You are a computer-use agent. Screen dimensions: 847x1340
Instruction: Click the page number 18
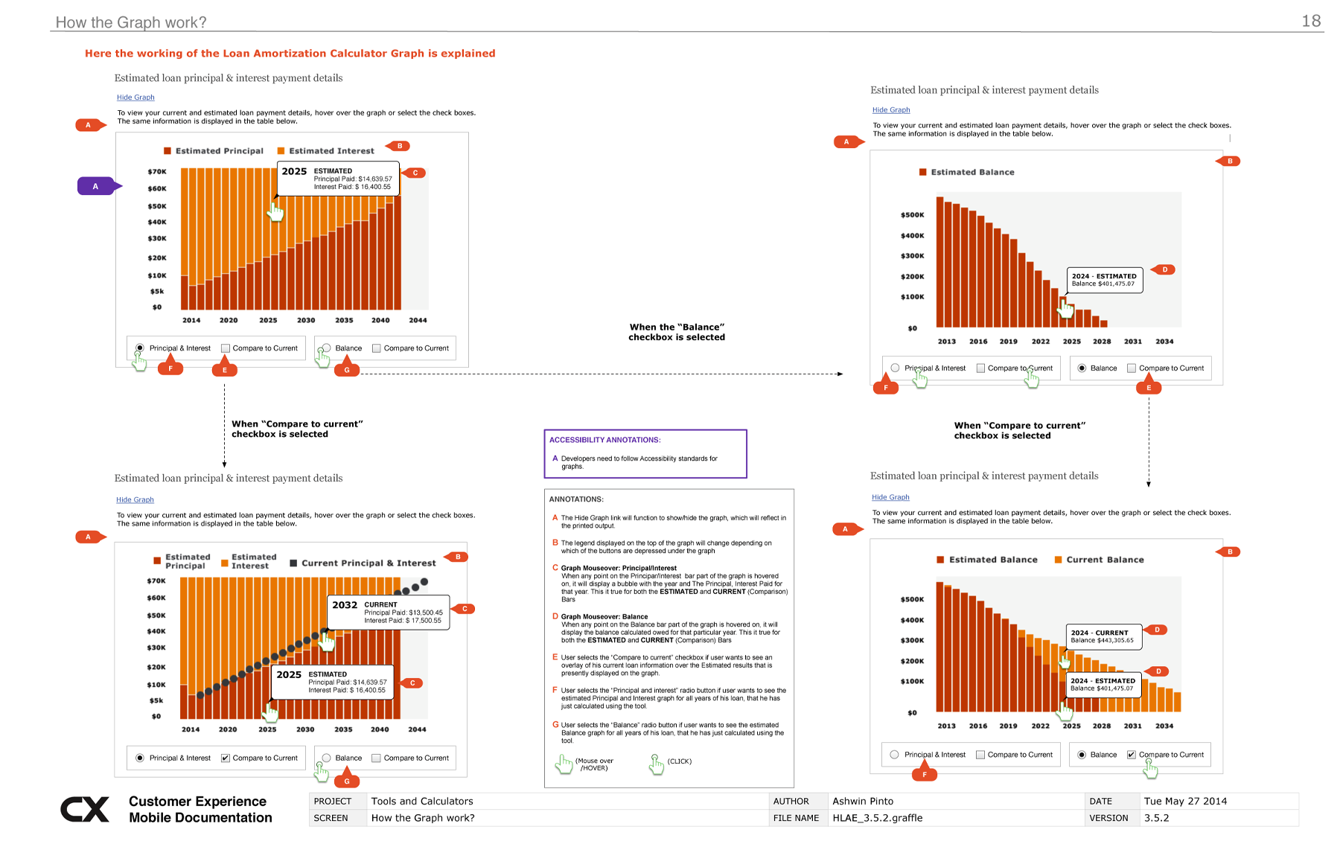[x=1311, y=21]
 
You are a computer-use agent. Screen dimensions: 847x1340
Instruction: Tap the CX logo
[x=85, y=809]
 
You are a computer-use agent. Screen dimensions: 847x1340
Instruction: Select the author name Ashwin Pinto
[x=862, y=801]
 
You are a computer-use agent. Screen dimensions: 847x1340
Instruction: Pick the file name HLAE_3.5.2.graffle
[x=877, y=818]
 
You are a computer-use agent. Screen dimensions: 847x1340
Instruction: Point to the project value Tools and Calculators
[x=421, y=801]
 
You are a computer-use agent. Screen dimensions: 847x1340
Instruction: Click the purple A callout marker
[x=96, y=186]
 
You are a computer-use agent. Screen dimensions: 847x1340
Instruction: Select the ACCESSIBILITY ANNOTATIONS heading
[x=604, y=440]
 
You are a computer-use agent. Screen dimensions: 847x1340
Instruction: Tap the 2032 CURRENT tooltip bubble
[x=388, y=612]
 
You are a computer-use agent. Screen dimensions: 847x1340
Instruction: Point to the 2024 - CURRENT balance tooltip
[x=1103, y=636]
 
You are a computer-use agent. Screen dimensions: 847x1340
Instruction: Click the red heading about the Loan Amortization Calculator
[x=290, y=54]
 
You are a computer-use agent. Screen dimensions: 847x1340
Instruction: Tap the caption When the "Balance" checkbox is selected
[x=676, y=332]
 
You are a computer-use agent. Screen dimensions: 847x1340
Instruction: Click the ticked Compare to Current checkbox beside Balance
[x=1131, y=755]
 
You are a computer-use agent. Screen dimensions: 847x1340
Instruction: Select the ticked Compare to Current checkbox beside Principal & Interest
[x=226, y=758]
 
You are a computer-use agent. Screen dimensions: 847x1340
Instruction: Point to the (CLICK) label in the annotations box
[x=679, y=761]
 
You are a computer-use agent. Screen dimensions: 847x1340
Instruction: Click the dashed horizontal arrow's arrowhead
[x=840, y=374]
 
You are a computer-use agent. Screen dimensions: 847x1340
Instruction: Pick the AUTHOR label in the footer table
[x=791, y=801]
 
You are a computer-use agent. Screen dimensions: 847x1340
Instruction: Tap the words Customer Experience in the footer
[x=197, y=801]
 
